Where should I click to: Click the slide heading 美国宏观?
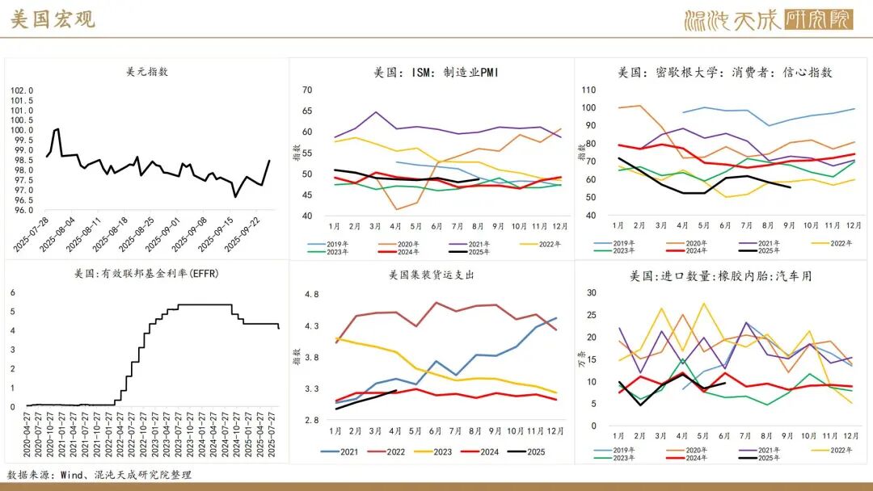click(53, 19)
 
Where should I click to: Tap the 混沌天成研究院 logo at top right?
click(768, 19)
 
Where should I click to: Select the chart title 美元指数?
click(147, 71)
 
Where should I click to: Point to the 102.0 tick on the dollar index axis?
click(22, 91)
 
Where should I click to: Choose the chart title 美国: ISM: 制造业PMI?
click(436, 72)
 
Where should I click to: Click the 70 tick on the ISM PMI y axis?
click(306, 90)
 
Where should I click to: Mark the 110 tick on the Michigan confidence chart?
click(588, 90)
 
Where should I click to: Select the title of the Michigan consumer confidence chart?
click(724, 72)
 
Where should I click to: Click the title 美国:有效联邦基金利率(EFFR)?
click(146, 273)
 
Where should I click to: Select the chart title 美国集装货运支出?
click(431, 275)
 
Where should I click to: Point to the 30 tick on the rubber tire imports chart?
click(590, 293)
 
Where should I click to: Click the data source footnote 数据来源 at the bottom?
click(99, 475)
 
